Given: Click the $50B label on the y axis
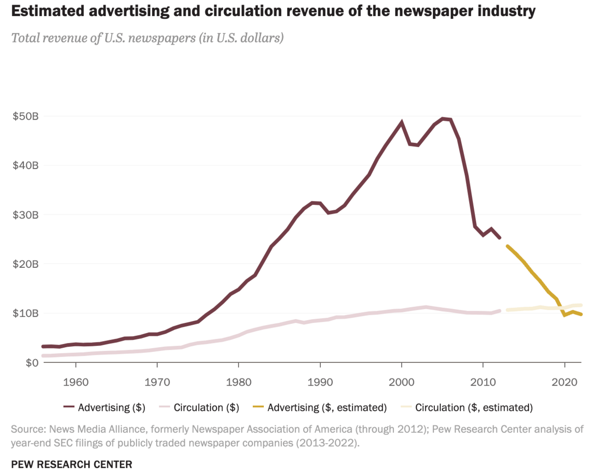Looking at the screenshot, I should click(x=26, y=116).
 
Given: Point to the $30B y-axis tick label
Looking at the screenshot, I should click(x=26, y=215).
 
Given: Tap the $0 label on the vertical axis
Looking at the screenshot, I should click(x=32, y=363).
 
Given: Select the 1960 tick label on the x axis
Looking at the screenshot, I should click(x=76, y=382).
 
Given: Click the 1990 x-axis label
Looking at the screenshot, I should click(x=320, y=382).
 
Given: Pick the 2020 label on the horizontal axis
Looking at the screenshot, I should click(x=565, y=382).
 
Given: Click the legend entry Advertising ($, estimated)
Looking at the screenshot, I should click(x=326, y=408).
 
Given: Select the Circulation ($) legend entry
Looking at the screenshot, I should click(x=206, y=408).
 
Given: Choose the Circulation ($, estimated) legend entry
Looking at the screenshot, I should click(x=473, y=408).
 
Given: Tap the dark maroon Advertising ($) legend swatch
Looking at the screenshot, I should click(x=69, y=407).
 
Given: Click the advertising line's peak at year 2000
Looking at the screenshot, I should click(x=402, y=122).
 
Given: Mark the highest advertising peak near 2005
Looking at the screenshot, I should click(x=443, y=119).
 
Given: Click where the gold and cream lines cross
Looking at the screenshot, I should click(x=561, y=308).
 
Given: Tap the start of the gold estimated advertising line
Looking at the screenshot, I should click(x=508, y=246).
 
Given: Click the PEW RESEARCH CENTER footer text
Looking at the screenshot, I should click(x=72, y=464).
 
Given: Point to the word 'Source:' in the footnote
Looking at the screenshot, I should click(x=28, y=429).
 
